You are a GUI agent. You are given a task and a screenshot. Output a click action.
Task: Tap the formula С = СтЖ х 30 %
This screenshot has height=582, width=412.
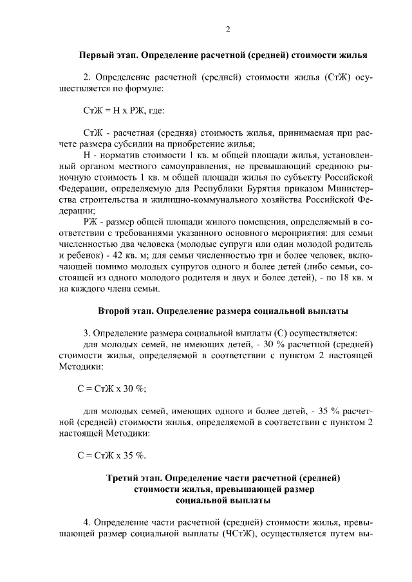pyautogui.click(x=110, y=388)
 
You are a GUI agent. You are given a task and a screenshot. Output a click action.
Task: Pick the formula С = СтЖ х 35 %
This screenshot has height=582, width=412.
pyautogui.click(x=110, y=456)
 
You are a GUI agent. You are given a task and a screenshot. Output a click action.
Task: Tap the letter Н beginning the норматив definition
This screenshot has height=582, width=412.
pyautogui.click(x=88, y=156)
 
